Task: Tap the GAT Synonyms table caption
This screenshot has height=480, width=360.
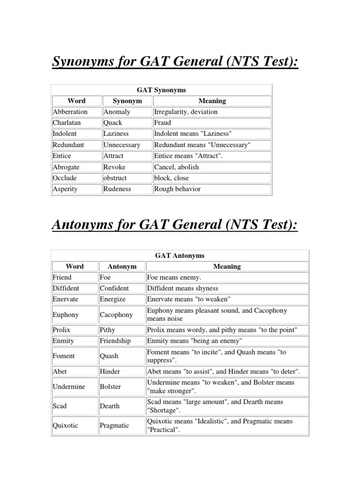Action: point(161,90)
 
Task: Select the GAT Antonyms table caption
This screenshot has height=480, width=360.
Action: point(180,255)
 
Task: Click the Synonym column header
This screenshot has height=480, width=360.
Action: point(127,101)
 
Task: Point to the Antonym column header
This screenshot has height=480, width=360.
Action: point(122,266)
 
